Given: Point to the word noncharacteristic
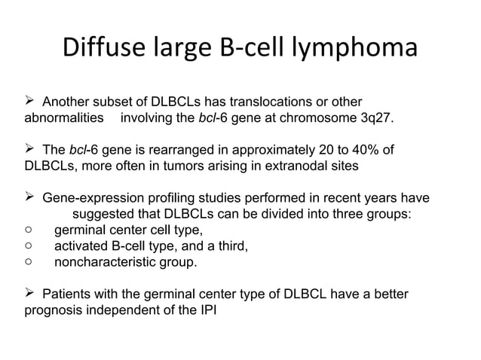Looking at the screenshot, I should [104, 262].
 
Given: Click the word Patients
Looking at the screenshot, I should [69, 293].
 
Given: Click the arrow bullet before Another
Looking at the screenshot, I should [30, 102].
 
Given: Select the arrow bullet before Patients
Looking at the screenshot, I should [30, 293].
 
